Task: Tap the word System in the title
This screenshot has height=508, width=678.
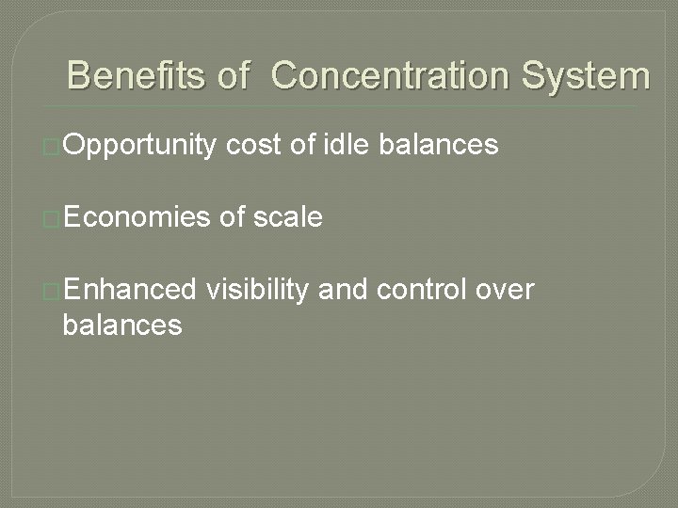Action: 586,75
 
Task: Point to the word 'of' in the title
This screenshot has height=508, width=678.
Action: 234,75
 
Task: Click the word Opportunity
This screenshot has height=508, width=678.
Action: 140,146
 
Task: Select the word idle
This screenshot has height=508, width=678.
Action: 347,145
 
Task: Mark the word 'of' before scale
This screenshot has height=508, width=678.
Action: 231,218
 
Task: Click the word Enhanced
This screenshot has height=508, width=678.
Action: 132,291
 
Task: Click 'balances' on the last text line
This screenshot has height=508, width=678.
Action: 121,325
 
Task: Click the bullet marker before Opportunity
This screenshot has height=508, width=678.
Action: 53,147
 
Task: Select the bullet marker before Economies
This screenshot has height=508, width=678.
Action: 53,219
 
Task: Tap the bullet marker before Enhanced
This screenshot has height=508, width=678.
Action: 53,292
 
